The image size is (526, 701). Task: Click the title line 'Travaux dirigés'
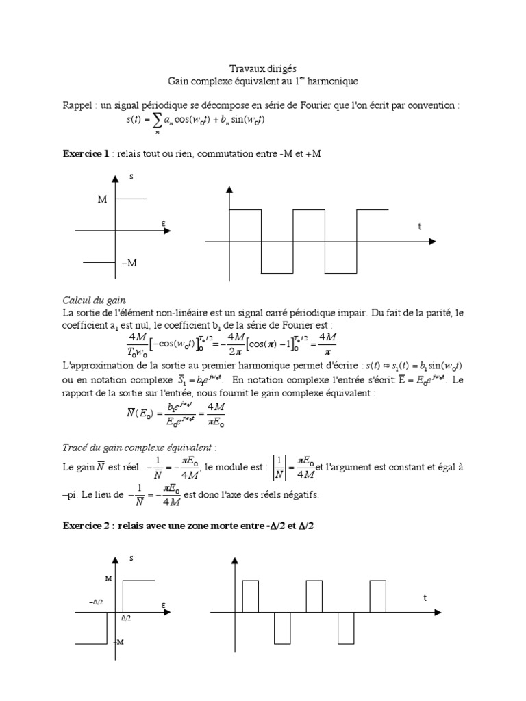pyautogui.click(x=262, y=68)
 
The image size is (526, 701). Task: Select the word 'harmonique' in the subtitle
pyautogui.click(x=333, y=81)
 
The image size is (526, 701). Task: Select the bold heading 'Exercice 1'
pyautogui.click(x=86, y=154)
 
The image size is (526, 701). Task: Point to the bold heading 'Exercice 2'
pyautogui.click(x=86, y=525)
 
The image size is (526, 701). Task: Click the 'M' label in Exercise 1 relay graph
pyautogui.click(x=102, y=199)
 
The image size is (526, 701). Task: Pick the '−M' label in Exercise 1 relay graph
pyautogui.click(x=128, y=263)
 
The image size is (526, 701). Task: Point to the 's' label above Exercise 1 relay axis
pyautogui.click(x=131, y=177)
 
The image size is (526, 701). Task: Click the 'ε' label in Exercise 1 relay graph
pyautogui.click(x=164, y=222)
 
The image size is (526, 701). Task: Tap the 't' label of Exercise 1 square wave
pyautogui.click(x=420, y=227)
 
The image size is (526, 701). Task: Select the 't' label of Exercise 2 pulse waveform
pyautogui.click(x=425, y=598)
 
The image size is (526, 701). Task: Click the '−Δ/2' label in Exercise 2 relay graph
pyautogui.click(x=96, y=602)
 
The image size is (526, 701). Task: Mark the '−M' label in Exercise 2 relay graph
pyautogui.click(x=119, y=641)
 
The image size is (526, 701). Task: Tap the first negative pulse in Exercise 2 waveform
pyautogui.click(x=282, y=628)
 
